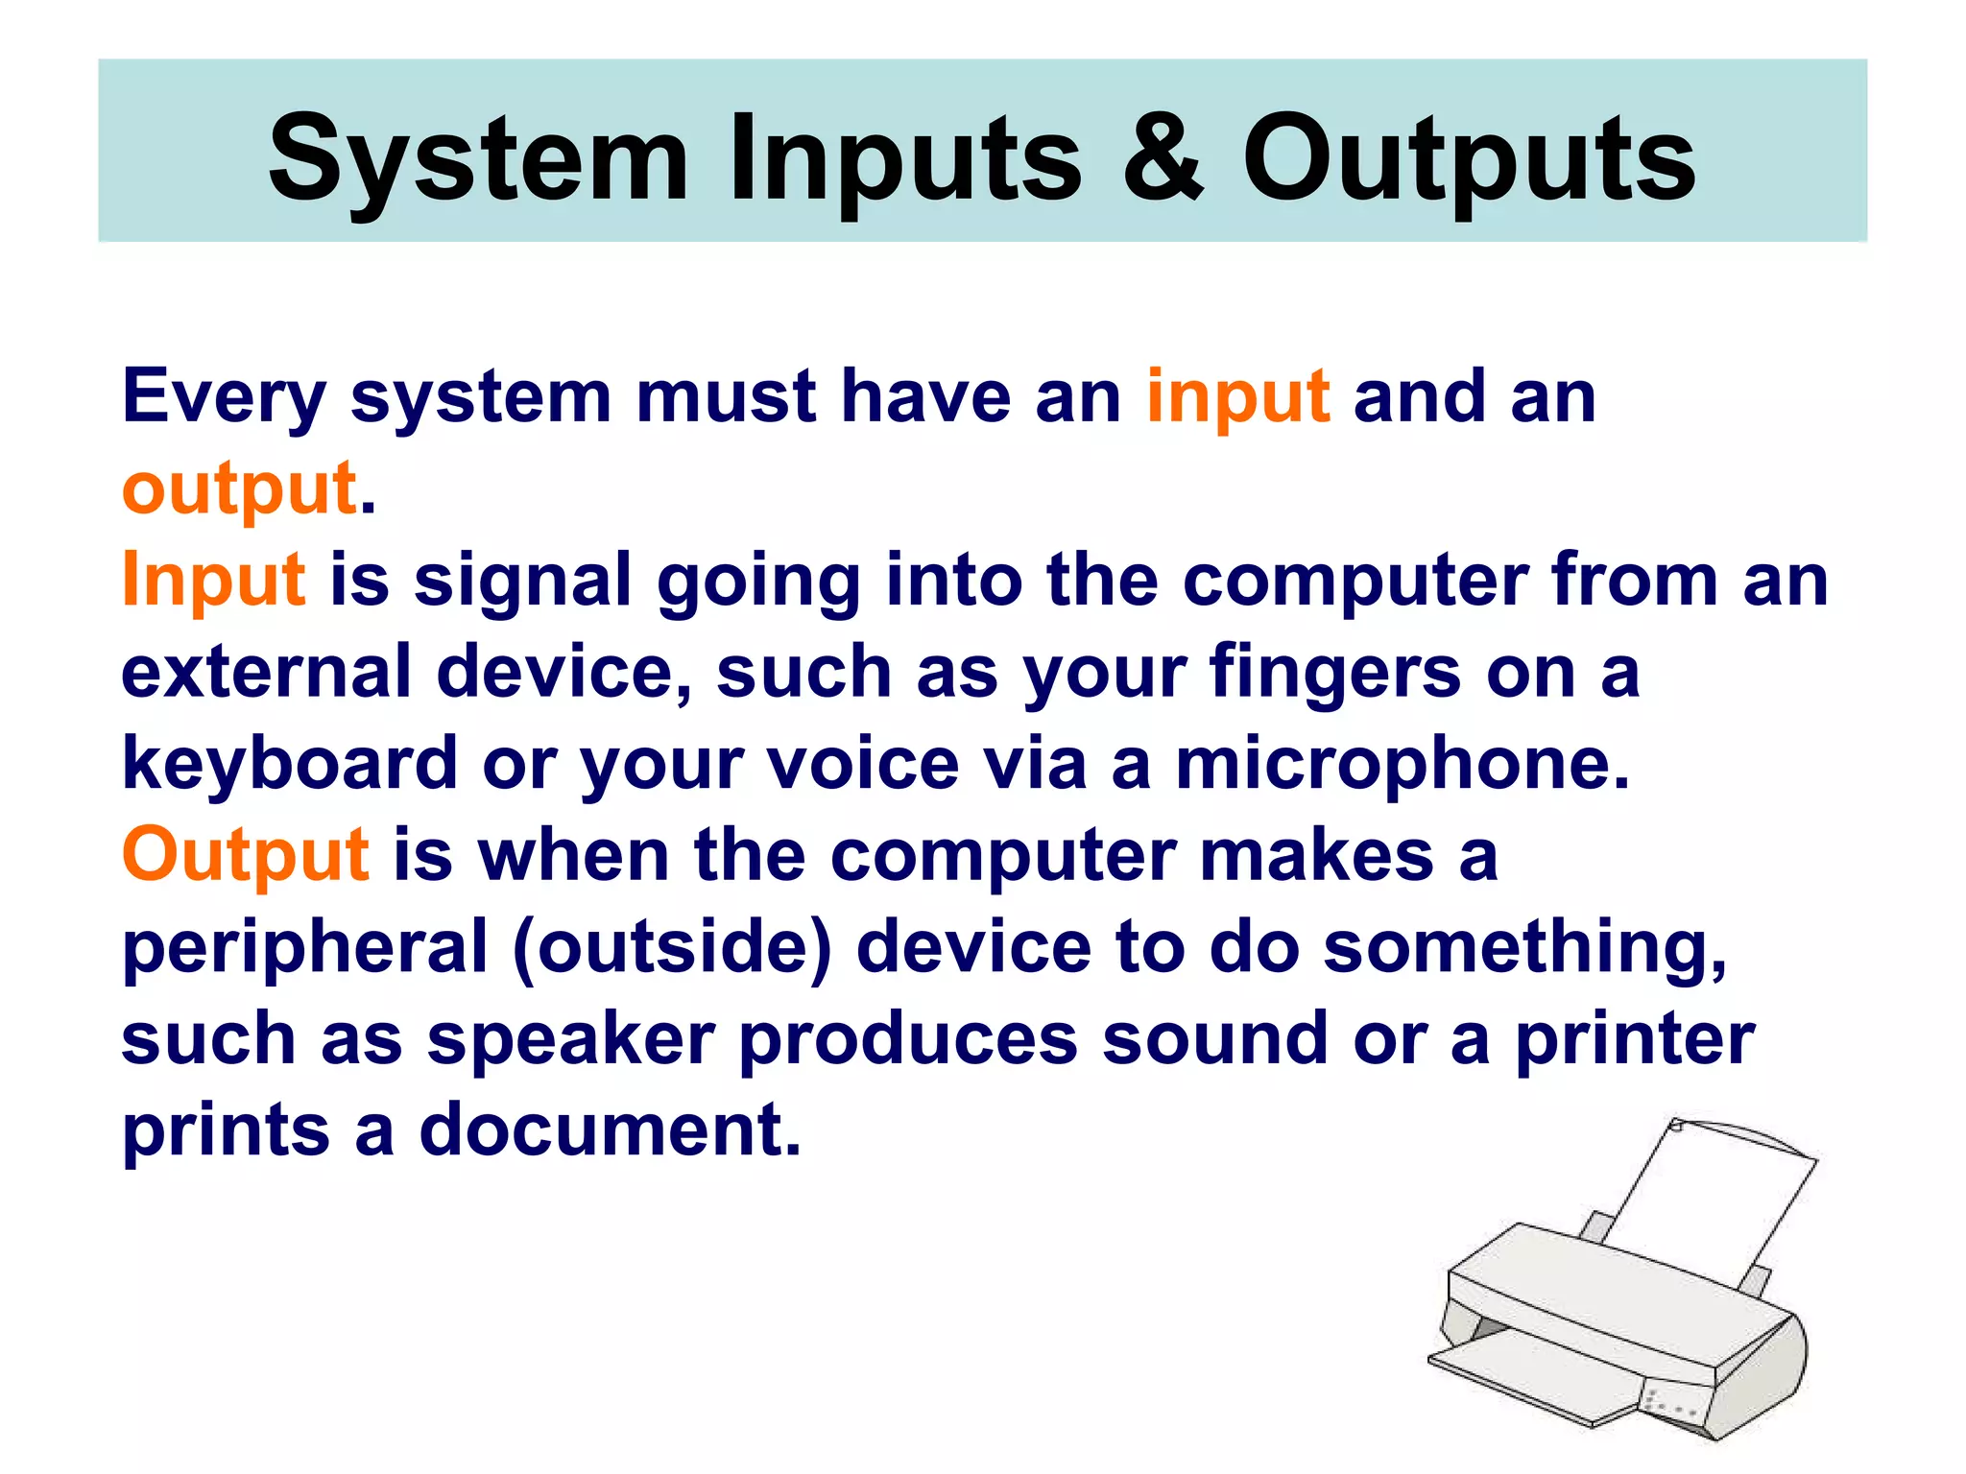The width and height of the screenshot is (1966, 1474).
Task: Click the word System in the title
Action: [x=477, y=158]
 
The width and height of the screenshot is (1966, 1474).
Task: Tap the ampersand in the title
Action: [x=1162, y=158]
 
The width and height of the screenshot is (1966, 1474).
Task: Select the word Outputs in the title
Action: [x=1469, y=158]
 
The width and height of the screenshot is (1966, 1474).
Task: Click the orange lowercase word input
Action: [x=1237, y=396]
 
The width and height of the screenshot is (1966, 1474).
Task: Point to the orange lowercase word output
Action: [x=239, y=488]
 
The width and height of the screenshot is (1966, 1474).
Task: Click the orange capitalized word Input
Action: [x=213, y=580]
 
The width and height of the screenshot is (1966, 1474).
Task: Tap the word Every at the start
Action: [x=224, y=396]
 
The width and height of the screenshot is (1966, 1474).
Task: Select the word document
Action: [x=609, y=1129]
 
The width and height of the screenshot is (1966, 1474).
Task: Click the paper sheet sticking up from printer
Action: [x=1709, y=1200]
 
